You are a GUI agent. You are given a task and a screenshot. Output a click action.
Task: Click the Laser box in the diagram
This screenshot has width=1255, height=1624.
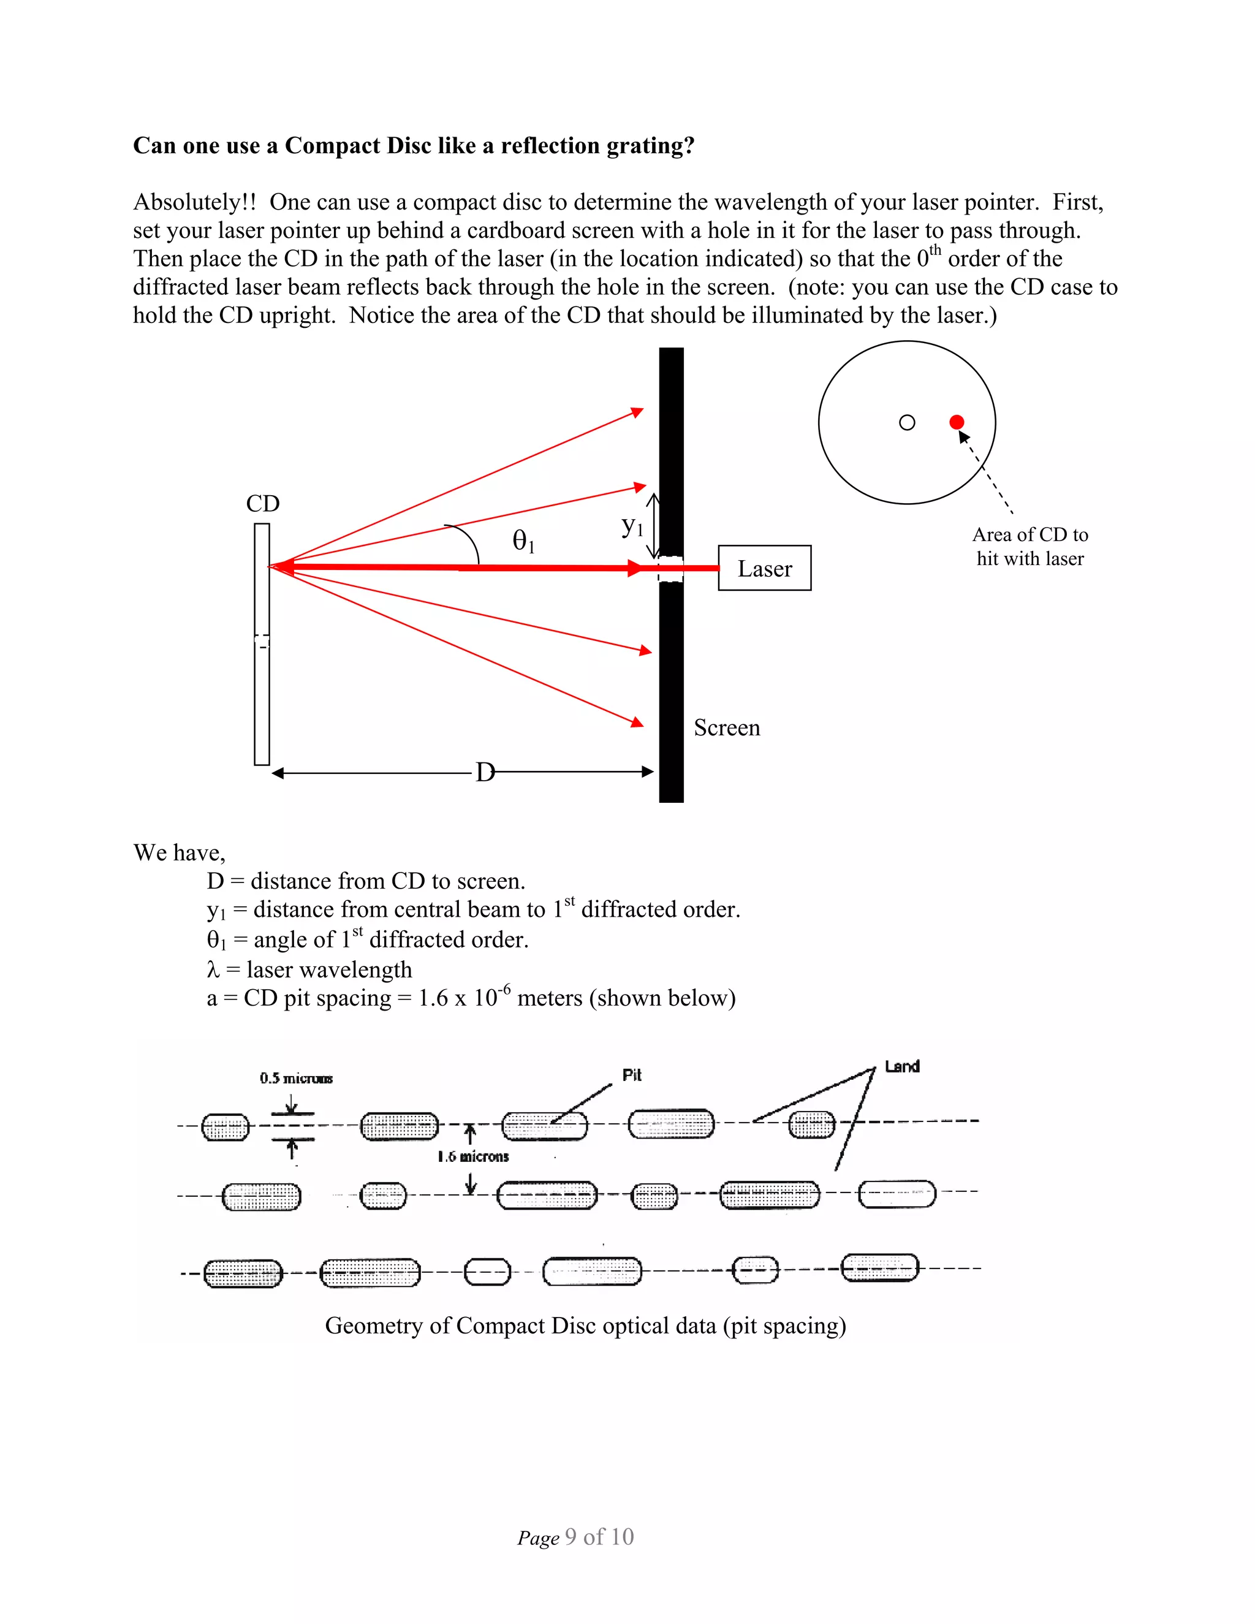764,568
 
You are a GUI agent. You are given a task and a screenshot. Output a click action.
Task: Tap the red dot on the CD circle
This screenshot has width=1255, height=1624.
956,422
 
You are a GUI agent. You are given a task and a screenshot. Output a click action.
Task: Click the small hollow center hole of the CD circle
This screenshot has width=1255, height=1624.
906,422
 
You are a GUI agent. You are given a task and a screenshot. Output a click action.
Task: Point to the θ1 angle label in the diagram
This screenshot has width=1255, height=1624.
523,541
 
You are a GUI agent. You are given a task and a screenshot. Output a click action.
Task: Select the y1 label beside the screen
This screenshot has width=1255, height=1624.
631,526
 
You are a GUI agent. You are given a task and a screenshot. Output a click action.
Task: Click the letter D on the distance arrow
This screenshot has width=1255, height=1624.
484,773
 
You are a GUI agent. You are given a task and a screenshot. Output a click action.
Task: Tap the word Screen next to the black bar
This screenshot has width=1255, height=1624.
726,727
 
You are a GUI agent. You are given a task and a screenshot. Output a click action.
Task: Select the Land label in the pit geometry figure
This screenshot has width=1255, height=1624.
902,1066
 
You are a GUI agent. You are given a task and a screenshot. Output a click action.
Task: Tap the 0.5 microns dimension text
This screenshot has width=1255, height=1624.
296,1078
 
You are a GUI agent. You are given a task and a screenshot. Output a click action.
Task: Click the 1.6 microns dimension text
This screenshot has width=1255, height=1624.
473,1156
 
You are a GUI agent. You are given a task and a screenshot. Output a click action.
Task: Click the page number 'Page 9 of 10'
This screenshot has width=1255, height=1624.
575,1537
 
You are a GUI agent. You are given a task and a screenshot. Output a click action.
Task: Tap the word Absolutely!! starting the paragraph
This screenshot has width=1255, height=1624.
194,202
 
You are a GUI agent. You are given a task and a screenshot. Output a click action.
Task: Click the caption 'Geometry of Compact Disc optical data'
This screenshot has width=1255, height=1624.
585,1326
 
